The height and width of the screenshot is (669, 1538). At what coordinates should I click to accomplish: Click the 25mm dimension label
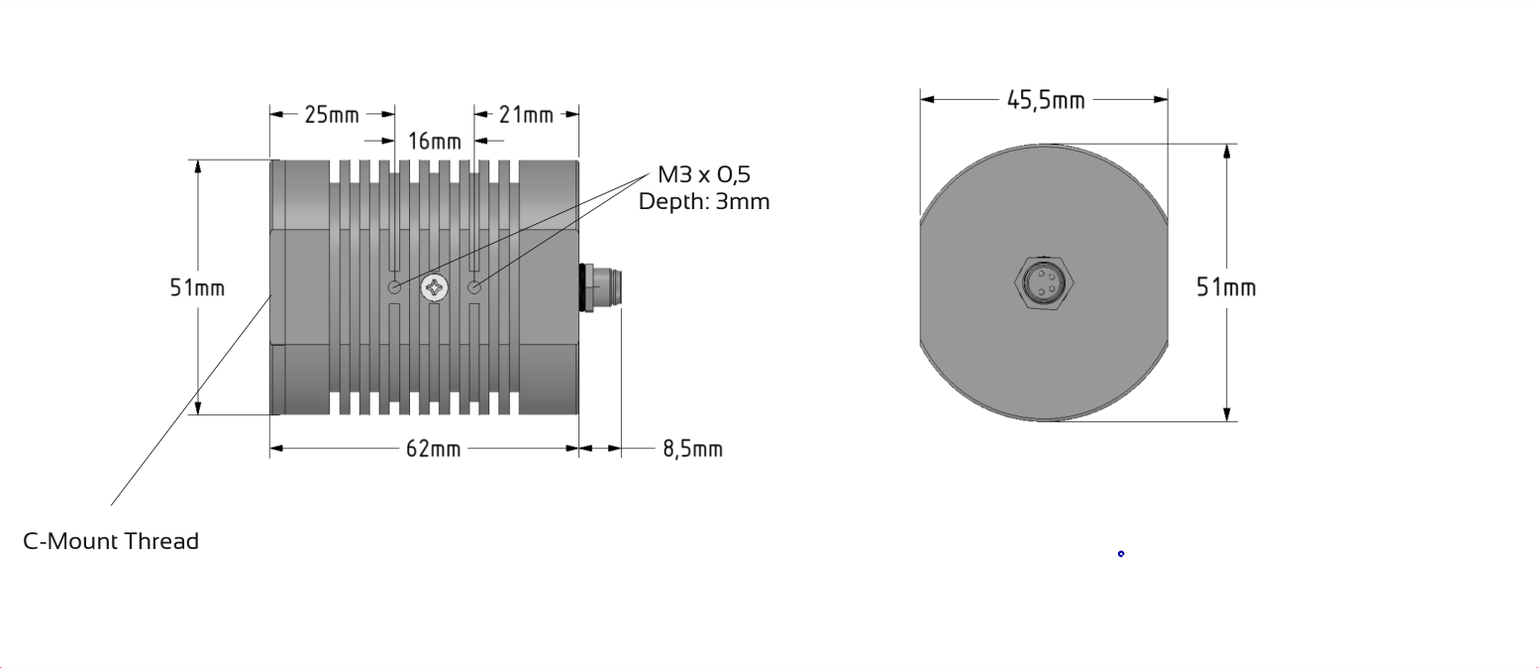(x=332, y=115)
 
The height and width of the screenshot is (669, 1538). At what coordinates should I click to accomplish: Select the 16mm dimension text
(x=435, y=142)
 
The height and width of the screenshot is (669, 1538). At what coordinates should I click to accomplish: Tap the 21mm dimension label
(x=526, y=115)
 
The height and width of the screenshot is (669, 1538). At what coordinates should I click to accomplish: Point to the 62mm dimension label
(x=433, y=449)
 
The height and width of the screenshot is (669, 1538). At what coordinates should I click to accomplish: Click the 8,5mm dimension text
(x=693, y=449)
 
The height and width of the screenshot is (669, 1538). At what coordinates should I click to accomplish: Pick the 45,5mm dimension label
(x=1046, y=100)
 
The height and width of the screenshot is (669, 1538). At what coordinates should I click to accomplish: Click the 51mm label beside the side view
(x=197, y=287)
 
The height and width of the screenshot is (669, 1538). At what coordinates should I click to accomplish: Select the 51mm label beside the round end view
(x=1226, y=287)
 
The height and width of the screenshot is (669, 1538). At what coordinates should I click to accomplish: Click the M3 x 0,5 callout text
(x=704, y=175)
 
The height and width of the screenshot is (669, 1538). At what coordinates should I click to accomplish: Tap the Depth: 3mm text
(x=704, y=202)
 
